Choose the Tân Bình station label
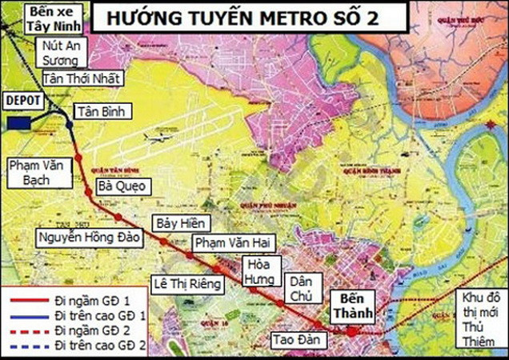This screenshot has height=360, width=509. (x=101, y=112)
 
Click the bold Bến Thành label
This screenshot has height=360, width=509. (x=351, y=305)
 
